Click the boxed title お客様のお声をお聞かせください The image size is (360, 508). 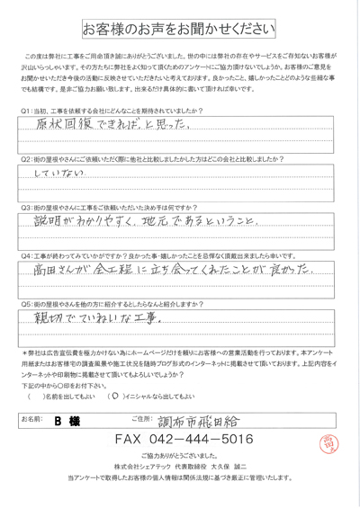pos(180,29)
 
